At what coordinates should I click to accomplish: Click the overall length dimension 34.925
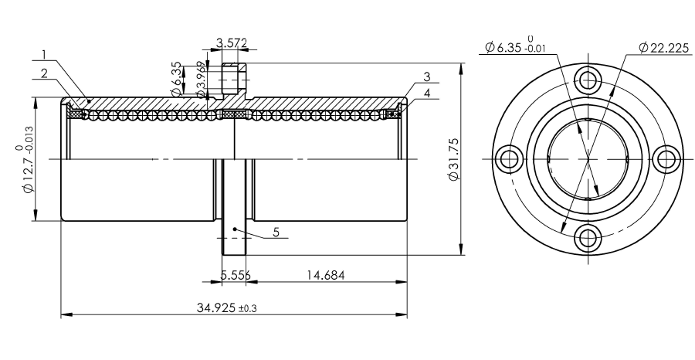coord(216,307)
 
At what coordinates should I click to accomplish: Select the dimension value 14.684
coord(326,275)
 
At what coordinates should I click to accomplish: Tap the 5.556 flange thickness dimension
coord(236,275)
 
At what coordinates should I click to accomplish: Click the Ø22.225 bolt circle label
coord(664,47)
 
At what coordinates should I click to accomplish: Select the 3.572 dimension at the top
coord(232,43)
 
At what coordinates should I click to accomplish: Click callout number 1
coord(44,55)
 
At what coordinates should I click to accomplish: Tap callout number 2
coord(44,73)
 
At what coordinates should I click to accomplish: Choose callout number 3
coord(427,76)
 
